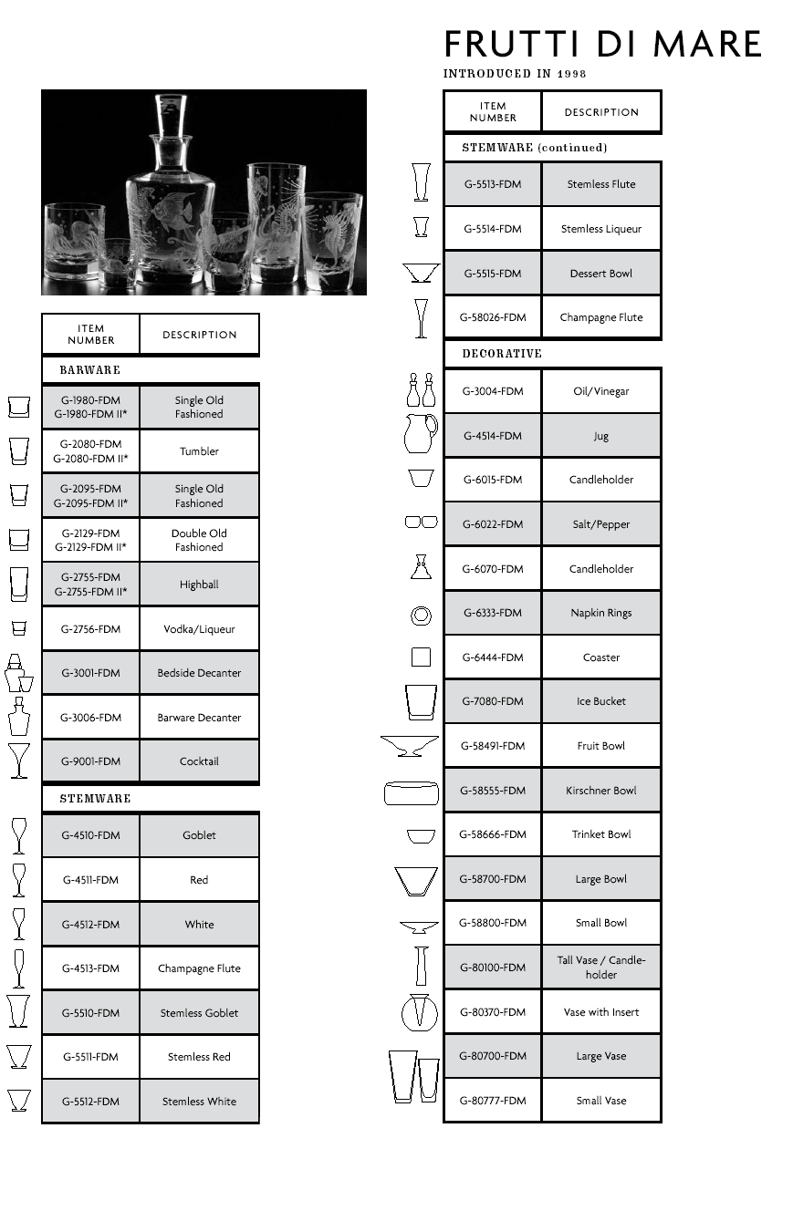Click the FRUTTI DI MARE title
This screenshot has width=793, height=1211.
602,45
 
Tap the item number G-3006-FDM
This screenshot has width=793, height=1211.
90,718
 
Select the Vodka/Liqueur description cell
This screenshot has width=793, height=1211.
199,629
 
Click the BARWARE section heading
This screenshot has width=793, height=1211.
89,370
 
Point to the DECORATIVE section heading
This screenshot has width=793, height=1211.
502,354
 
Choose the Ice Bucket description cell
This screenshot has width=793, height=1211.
601,701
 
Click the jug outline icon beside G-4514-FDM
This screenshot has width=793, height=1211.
420,434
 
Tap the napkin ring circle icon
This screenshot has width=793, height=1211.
421,616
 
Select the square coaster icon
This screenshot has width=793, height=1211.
421,657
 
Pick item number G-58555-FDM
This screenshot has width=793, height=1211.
493,791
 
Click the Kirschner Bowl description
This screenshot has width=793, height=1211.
601,791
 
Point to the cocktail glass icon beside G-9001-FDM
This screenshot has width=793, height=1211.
18,761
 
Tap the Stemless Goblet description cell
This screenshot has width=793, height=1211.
199,1013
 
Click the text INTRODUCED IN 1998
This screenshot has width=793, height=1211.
515,74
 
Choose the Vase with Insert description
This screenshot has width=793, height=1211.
601,1012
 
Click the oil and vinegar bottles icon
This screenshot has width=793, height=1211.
421,390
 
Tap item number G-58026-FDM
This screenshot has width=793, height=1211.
493,317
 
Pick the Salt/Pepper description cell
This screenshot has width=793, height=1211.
601,524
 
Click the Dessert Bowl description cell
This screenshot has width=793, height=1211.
601,274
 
